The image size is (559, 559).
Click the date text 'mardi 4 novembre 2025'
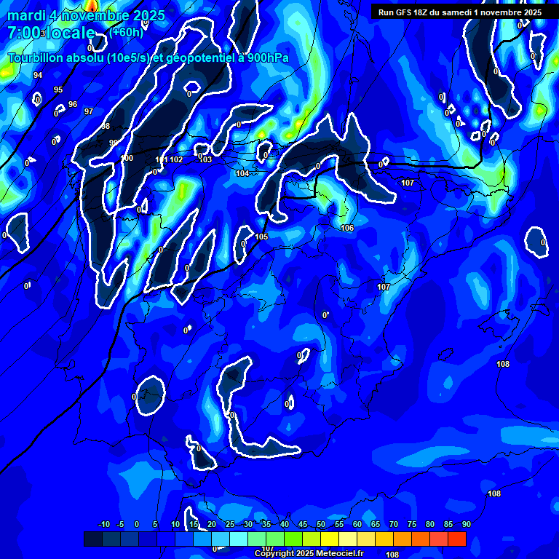click(86, 15)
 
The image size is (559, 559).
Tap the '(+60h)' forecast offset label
click(127, 33)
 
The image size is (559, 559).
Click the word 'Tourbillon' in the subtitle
click(37, 58)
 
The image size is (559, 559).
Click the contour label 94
click(38, 75)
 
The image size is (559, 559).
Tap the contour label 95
click(58, 90)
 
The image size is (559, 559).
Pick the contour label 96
click(73, 104)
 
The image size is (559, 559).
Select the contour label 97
click(89, 111)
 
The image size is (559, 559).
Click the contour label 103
click(206, 159)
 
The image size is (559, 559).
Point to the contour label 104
click(242, 173)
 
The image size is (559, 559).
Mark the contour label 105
click(262, 237)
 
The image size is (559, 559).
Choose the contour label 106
click(347, 228)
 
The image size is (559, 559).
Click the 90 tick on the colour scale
click(466, 524)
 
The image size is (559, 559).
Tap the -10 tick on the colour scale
click(104, 524)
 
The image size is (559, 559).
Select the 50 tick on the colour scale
click(321, 524)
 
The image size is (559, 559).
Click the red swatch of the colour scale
click(456, 539)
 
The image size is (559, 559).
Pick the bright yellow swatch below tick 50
click(330, 539)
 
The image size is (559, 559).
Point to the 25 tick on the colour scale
click(230, 524)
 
